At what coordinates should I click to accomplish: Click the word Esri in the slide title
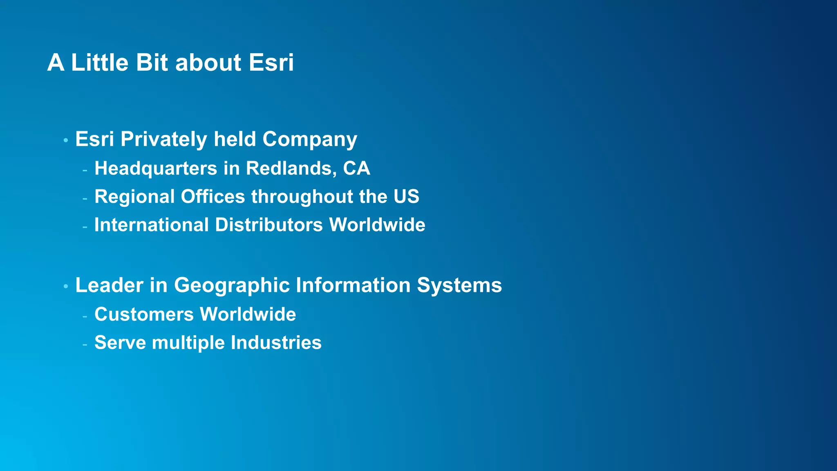(271, 63)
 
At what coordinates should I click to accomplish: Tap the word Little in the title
(100, 63)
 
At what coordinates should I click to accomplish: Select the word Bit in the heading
(152, 63)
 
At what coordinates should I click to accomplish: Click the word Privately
(164, 139)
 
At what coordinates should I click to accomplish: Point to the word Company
(309, 139)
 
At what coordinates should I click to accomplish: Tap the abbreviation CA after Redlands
(356, 168)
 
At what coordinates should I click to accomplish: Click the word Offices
(213, 197)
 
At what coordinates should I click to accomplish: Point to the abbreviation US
(406, 197)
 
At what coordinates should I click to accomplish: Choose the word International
(152, 225)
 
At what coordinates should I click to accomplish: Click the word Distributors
(269, 225)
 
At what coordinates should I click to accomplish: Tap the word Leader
(109, 285)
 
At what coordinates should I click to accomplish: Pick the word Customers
(144, 314)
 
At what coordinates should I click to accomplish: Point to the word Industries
(276, 343)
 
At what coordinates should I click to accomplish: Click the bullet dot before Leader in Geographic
(66, 287)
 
